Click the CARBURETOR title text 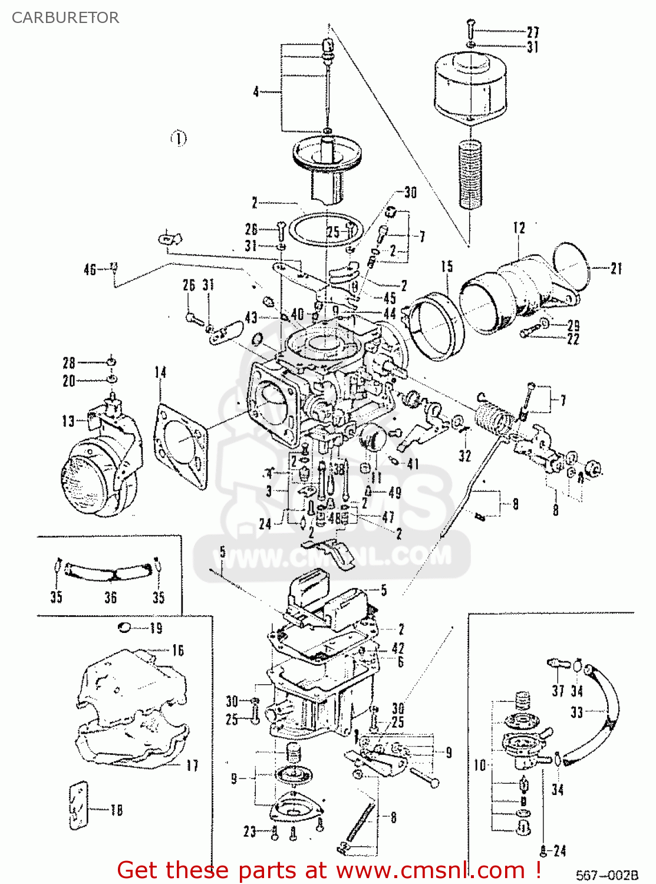click(x=65, y=18)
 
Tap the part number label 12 click(x=519, y=227)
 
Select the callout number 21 click(x=616, y=269)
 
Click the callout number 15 click(x=447, y=266)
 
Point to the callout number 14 click(x=160, y=372)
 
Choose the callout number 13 click(x=68, y=421)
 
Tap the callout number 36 click(x=110, y=597)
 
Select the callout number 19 click(x=156, y=628)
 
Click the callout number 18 click(x=117, y=810)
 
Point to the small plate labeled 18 click(x=78, y=806)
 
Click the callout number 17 click(x=192, y=766)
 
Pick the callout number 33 click(x=576, y=713)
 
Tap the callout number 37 click(x=558, y=690)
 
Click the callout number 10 click(x=480, y=765)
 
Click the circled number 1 click(x=179, y=138)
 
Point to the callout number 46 click(x=90, y=269)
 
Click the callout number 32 click(x=465, y=455)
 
